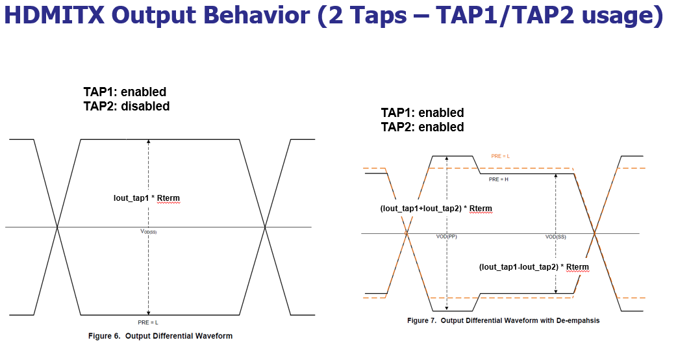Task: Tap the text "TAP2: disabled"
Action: [127, 106]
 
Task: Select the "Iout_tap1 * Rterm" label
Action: [147, 198]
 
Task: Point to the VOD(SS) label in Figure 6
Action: [149, 231]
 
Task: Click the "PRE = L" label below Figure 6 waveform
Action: [149, 322]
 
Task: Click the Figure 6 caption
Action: [160, 336]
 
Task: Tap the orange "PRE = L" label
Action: [500, 157]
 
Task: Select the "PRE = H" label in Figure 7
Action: [499, 179]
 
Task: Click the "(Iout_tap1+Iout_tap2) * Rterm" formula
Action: [436, 209]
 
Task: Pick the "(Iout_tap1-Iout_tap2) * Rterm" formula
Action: [534, 267]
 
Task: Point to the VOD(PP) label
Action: [446, 237]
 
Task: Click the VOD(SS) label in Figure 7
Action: [555, 237]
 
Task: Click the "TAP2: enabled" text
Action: [422, 127]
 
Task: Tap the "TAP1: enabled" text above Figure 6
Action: [125, 92]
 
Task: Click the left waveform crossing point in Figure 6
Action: [58, 227]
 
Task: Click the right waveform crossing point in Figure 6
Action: [265, 227]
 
